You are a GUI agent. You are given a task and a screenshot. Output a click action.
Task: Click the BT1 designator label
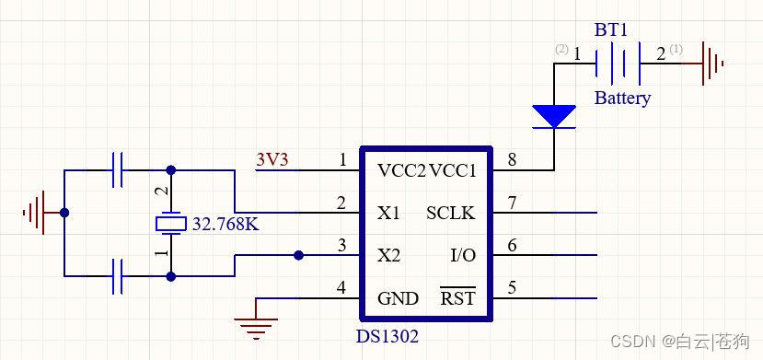(x=612, y=29)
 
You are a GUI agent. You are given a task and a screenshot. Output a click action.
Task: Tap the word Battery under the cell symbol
(x=622, y=98)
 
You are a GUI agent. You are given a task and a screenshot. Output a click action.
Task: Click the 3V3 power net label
(x=272, y=159)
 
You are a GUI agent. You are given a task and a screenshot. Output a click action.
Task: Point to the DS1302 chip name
(x=387, y=336)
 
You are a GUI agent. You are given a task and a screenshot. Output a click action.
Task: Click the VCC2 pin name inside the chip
(x=402, y=170)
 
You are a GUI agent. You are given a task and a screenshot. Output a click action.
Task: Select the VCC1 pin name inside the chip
(x=453, y=170)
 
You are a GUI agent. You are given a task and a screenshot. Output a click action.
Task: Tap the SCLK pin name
(x=451, y=214)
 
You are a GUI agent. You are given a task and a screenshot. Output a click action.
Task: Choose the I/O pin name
(x=463, y=255)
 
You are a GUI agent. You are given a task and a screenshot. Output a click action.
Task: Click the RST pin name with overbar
(x=457, y=297)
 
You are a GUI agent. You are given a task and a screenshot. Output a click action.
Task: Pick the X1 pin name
(x=389, y=214)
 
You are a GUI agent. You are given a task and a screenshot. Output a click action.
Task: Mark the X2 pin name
(x=389, y=255)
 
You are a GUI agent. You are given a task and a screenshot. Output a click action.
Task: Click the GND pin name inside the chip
(x=398, y=298)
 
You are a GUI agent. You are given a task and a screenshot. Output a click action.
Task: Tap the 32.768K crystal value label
(x=225, y=223)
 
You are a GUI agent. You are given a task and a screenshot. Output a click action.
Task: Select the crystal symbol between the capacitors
(x=169, y=223)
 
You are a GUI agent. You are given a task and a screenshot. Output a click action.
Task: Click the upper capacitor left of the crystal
(x=118, y=170)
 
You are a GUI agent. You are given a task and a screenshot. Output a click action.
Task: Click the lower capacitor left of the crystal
(x=118, y=275)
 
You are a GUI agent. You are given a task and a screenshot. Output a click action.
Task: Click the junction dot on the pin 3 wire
(x=297, y=255)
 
